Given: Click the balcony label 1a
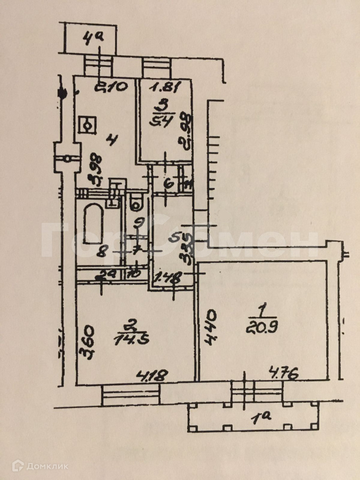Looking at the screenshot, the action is [x=261, y=417].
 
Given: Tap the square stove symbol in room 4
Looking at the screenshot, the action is [x=87, y=125].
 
